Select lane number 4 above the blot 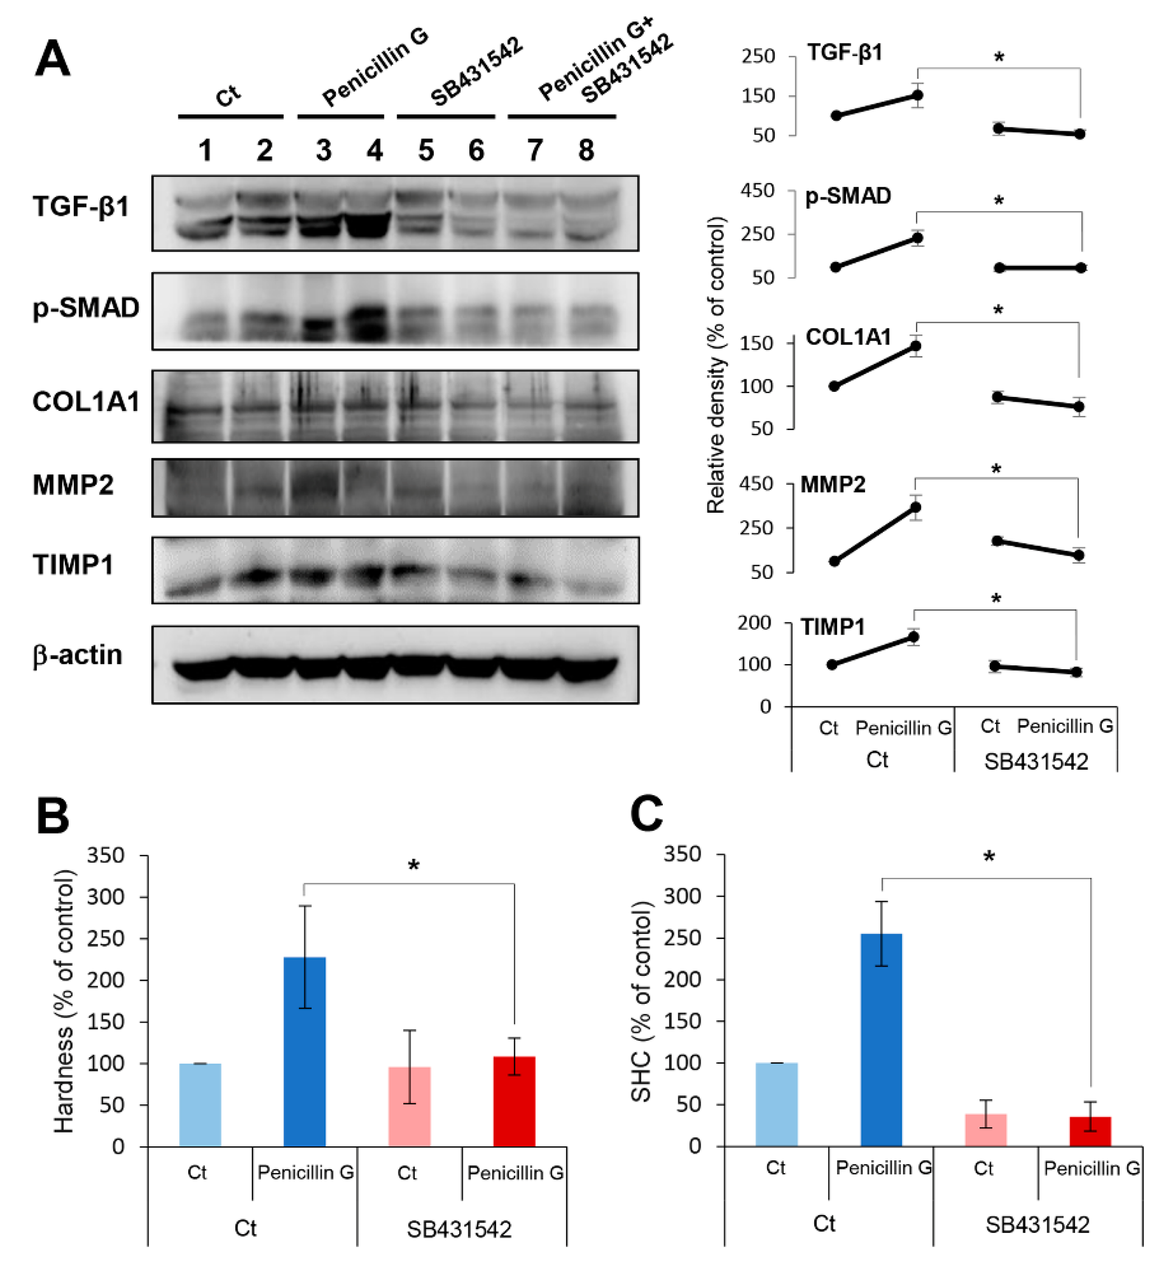coord(375,150)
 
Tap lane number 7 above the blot coord(535,150)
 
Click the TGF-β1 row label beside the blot coord(80,206)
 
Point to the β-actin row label coord(77,655)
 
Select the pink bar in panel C coord(986,1130)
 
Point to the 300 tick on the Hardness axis coord(106,897)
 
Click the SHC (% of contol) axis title coord(642,1002)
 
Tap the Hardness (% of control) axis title coord(64,1002)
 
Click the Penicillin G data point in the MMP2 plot coord(916,507)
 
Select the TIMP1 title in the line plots coord(833,627)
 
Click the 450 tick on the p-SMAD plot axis coord(757,191)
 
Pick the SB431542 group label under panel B coord(459,1229)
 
